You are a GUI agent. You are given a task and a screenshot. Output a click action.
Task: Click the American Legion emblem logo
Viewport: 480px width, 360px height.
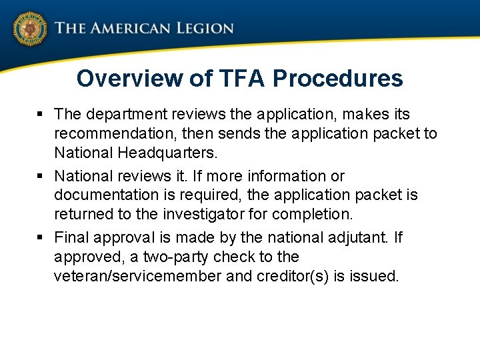pyautogui.click(x=29, y=29)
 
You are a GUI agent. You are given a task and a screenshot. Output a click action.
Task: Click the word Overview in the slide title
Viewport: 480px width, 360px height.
pyautogui.click(x=131, y=79)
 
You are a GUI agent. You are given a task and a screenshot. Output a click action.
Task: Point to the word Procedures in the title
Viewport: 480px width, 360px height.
pyautogui.click(x=338, y=79)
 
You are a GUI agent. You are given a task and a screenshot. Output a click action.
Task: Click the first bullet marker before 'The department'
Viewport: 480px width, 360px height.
pyautogui.click(x=42, y=115)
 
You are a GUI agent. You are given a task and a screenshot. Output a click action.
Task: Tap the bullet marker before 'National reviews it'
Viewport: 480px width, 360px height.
pyautogui.click(x=42, y=177)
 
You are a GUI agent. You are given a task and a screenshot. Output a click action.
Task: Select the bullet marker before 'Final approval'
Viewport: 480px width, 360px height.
pyautogui.click(x=42, y=238)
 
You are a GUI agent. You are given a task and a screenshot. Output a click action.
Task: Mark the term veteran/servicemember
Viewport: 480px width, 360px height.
pyautogui.click(x=138, y=276)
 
